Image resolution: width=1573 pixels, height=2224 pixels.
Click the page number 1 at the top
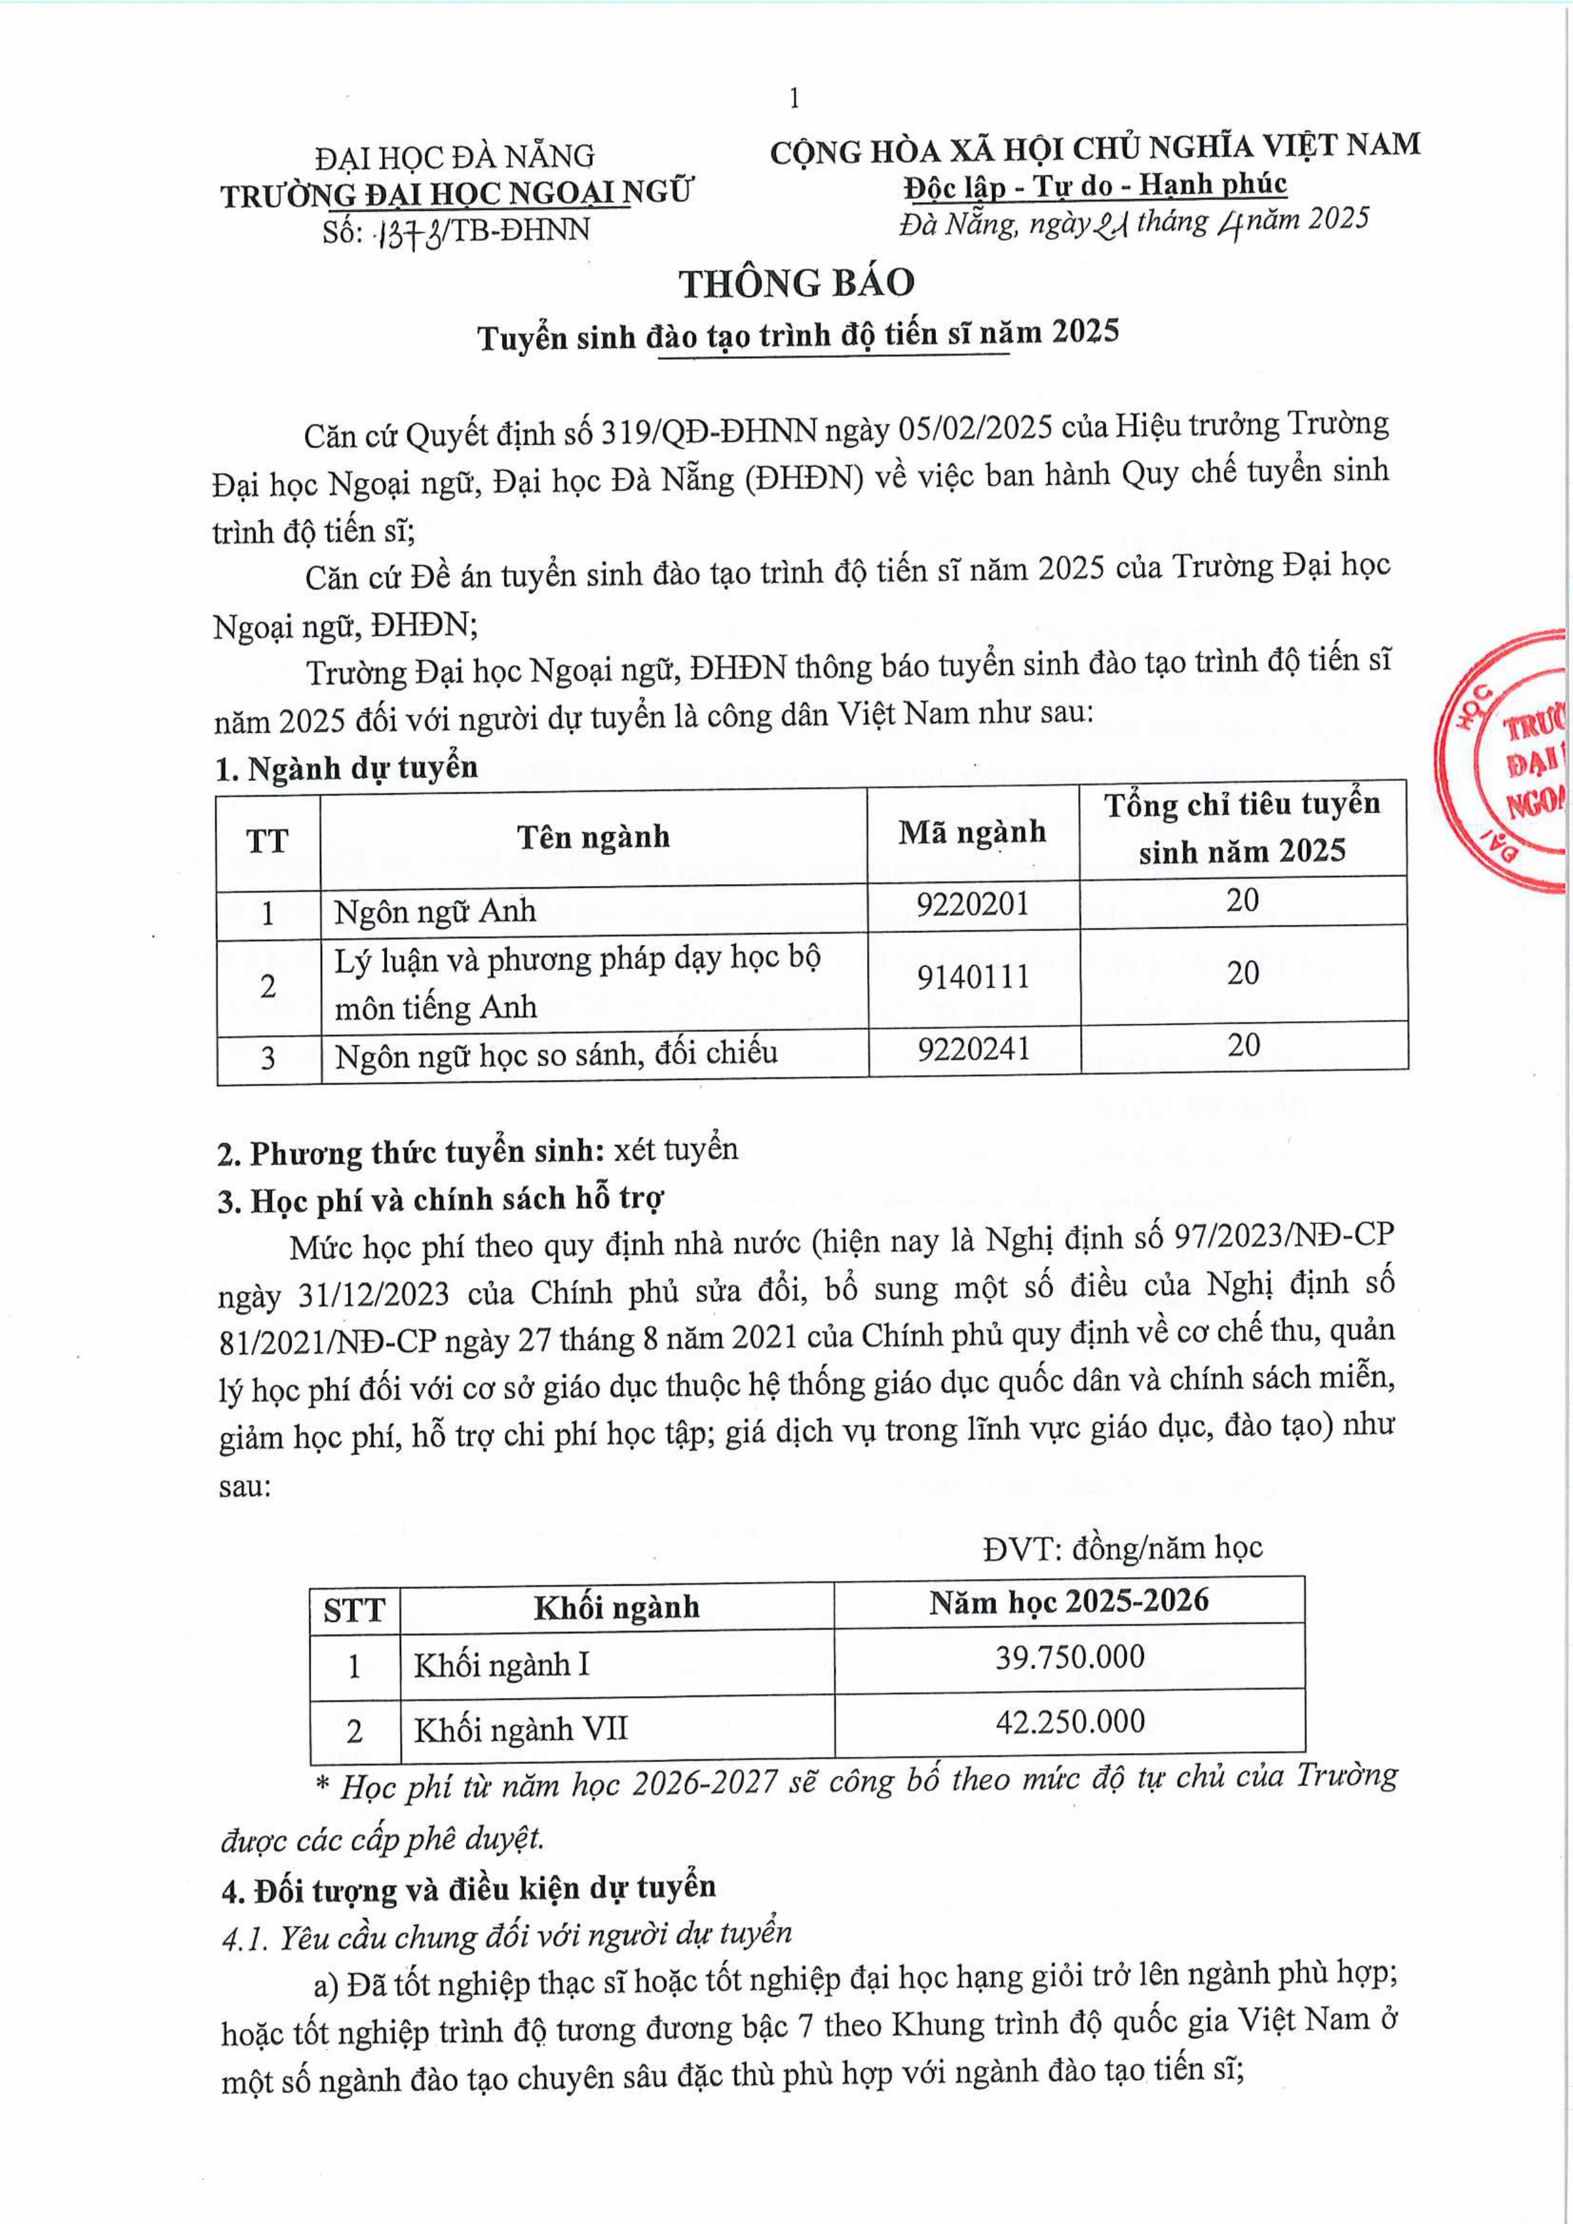tap(794, 98)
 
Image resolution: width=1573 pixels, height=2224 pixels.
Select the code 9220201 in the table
tap(972, 904)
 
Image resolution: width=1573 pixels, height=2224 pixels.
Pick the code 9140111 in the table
tap(972, 977)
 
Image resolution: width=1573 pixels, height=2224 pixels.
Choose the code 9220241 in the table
tap(973, 1049)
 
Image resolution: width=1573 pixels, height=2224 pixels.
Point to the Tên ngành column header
tap(593, 837)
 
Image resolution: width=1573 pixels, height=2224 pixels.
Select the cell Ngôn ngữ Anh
tap(435, 911)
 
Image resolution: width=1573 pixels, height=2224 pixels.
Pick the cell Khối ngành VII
tap(520, 1729)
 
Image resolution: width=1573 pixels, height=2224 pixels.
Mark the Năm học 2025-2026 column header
tap(1069, 1602)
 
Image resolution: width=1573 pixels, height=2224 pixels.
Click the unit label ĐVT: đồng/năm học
tap(1122, 1548)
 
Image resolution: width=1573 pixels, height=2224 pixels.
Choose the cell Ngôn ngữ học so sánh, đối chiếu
tap(555, 1054)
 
